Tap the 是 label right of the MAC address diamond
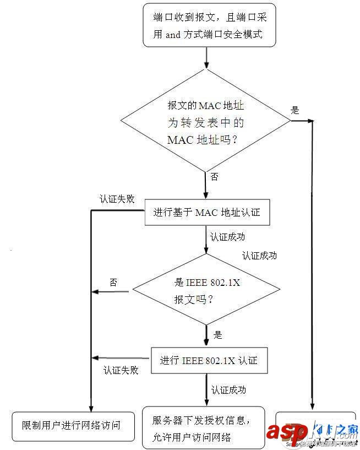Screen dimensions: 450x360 (295, 110)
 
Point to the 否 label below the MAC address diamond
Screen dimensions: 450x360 (214, 177)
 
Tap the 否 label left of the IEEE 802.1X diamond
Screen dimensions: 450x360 (113, 283)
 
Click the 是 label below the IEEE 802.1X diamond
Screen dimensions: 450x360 (217, 335)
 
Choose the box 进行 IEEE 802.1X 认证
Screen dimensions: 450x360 (209, 361)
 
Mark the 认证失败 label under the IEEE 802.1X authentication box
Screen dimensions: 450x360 (121, 370)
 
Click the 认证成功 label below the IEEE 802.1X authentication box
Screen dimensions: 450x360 (228, 390)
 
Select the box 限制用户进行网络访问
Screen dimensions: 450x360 (71, 425)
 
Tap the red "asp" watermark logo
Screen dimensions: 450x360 (286, 432)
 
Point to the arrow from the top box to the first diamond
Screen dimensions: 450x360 (206, 57)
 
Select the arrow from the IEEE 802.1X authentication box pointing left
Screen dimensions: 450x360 (121, 358)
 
